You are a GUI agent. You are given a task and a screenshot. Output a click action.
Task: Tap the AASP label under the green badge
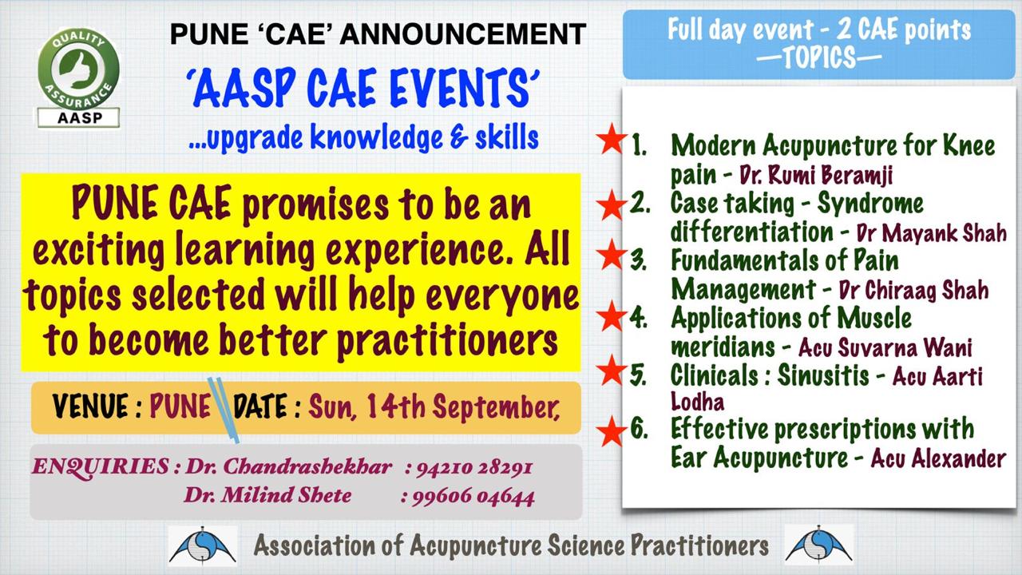pos(78,117)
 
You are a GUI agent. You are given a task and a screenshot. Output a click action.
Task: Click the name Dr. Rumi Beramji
pos(816,175)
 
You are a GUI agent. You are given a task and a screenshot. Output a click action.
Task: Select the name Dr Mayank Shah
pos(931,232)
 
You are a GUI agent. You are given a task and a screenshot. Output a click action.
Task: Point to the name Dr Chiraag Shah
pos(913,290)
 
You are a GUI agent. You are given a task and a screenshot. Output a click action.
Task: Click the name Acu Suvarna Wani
pos(885,347)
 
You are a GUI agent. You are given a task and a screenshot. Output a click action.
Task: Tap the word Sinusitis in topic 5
pos(823,375)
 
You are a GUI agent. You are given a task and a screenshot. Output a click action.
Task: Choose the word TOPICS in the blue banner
pos(819,58)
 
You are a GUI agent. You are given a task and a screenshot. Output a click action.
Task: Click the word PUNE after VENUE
pos(180,406)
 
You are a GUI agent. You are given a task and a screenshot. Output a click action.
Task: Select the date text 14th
pos(395,406)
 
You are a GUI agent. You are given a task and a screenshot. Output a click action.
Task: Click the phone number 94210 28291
pos(474,468)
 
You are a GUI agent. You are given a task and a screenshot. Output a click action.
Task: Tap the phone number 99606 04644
pos(473,497)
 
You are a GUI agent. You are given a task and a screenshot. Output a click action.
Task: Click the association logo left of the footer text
pos(203,545)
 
